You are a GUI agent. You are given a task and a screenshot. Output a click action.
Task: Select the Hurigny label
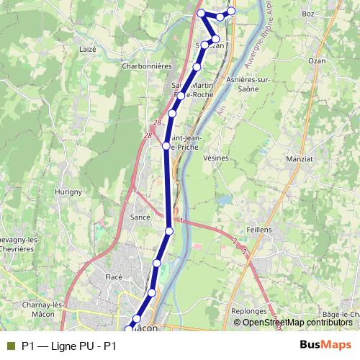68,192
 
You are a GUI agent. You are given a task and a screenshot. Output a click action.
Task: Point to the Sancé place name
140,217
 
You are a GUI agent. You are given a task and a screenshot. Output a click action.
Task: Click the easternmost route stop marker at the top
232,10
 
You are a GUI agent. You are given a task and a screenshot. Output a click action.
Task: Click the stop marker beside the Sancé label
169,230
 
